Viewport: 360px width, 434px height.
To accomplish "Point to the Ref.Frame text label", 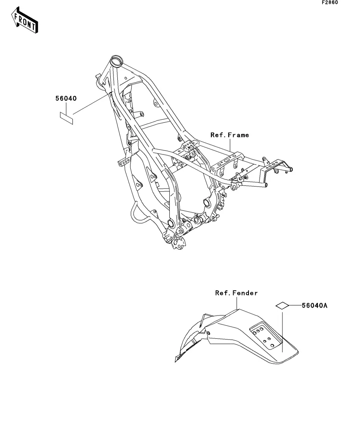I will (x=230, y=135).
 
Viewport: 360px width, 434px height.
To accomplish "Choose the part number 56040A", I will (x=315, y=305).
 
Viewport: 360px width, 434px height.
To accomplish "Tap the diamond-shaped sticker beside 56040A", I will (x=282, y=305).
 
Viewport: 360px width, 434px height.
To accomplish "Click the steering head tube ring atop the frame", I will (x=117, y=61).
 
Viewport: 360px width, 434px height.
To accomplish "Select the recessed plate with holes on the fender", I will (x=262, y=336).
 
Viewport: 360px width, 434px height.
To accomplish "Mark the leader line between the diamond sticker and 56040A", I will (x=295, y=305).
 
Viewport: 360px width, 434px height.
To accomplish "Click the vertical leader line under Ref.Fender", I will (x=236, y=303).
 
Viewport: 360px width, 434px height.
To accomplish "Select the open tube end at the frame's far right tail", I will (x=292, y=170).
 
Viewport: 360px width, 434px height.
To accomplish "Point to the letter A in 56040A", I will (x=325, y=305).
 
